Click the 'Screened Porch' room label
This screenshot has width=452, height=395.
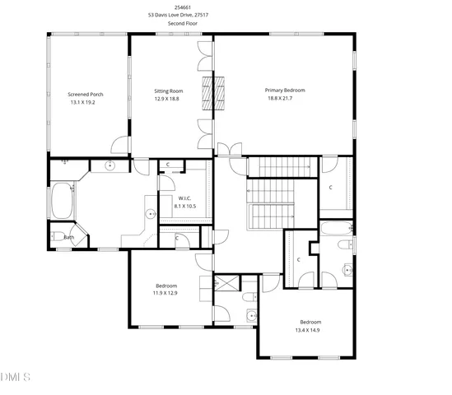(x=86, y=95)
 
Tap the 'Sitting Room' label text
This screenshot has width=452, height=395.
(x=168, y=91)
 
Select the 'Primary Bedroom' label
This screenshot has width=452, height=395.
(x=284, y=90)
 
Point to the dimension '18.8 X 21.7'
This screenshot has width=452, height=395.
(x=284, y=98)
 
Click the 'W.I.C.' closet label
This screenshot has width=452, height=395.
(x=185, y=198)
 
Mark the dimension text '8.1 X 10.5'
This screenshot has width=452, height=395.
(x=185, y=206)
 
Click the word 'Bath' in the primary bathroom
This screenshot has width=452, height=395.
(x=68, y=238)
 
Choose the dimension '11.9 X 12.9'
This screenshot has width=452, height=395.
(x=165, y=293)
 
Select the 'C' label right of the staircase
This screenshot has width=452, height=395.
(x=331, y=188)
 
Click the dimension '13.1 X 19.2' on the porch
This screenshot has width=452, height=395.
(x=86, y=103)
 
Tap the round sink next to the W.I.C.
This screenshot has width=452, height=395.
(x=151, y=215)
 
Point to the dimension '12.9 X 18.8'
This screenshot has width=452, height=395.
(x=168, y=98)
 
